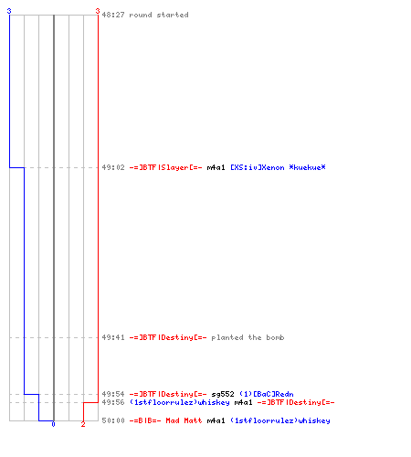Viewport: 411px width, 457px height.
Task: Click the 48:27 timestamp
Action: pyautogui.click(x=113, y=15)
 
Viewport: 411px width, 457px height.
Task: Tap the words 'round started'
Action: pyautogui.click(x=159, y=15)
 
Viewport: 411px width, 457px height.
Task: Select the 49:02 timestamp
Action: pyautogui.click(x=113, y=167)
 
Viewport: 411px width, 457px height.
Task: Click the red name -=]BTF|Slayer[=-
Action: pyautogui.click(x=165, y=167)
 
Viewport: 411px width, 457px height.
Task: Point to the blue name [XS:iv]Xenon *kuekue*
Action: pyautogui.click(x=278, y=167)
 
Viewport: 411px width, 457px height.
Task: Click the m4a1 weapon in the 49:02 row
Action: pyautogui.click(x=216, y=167)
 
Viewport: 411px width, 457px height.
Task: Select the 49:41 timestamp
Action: pyautogui.click(x=113, y=337)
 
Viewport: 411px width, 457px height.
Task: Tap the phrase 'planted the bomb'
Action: pyautogui.click(x=248, y=337)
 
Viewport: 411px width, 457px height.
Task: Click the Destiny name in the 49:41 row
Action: pyautogui.click(x=168, y=337)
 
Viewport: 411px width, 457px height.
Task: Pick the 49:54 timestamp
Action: pyautogui.click(x=113, y=394)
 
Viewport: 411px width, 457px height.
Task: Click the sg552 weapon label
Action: pyautogui.click(x=223, y=394)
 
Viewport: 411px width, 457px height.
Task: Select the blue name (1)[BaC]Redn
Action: pyautogui.click(x=267, y=394)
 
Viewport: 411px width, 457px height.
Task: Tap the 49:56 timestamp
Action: pyautogui.click(x=113, y=402)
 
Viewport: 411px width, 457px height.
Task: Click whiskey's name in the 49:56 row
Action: pyautogui.click(x=180, y=402)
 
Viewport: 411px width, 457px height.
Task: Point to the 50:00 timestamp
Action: pyautogui.click(x=113, y=420)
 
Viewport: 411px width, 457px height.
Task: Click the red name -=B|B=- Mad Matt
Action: pyautogui.click(x=165, y=420)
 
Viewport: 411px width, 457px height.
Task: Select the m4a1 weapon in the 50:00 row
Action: pyautogui.click(x=216, y=420)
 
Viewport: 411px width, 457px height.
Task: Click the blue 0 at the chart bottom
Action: pyautogui.click(x=53, y=424)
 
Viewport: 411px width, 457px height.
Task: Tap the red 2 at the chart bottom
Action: pyautogui.click(x=83, y=424)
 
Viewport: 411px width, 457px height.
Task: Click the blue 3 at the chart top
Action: pyautogui.click(x=9, y=11)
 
